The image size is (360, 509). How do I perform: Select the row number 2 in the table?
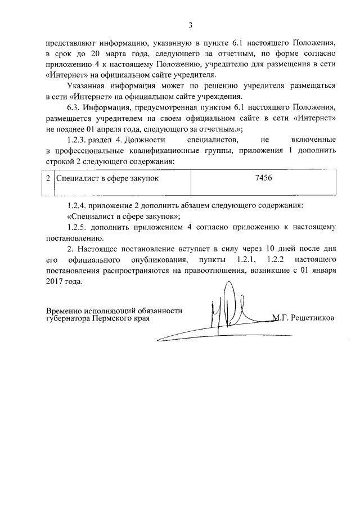tap(48, 178)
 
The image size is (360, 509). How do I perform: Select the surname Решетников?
tap(312, 317)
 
